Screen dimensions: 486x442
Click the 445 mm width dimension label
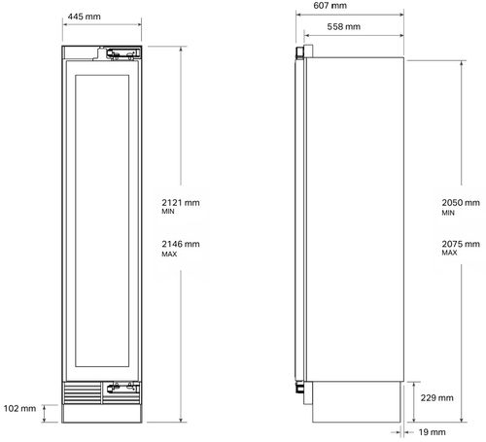coord(85,17)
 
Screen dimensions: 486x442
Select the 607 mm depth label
coord(330,5)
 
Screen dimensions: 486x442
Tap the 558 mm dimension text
coord(344,26)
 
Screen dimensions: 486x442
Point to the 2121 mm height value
coord(181,203)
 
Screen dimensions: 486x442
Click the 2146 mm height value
coord(181,244)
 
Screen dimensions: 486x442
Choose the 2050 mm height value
coord(461,203)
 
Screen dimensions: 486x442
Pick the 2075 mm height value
coord(461,244)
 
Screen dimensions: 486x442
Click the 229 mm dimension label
coord(436,397)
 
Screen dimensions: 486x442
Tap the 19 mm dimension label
coord(432,432)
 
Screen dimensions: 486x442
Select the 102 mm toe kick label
coord(19,408)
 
